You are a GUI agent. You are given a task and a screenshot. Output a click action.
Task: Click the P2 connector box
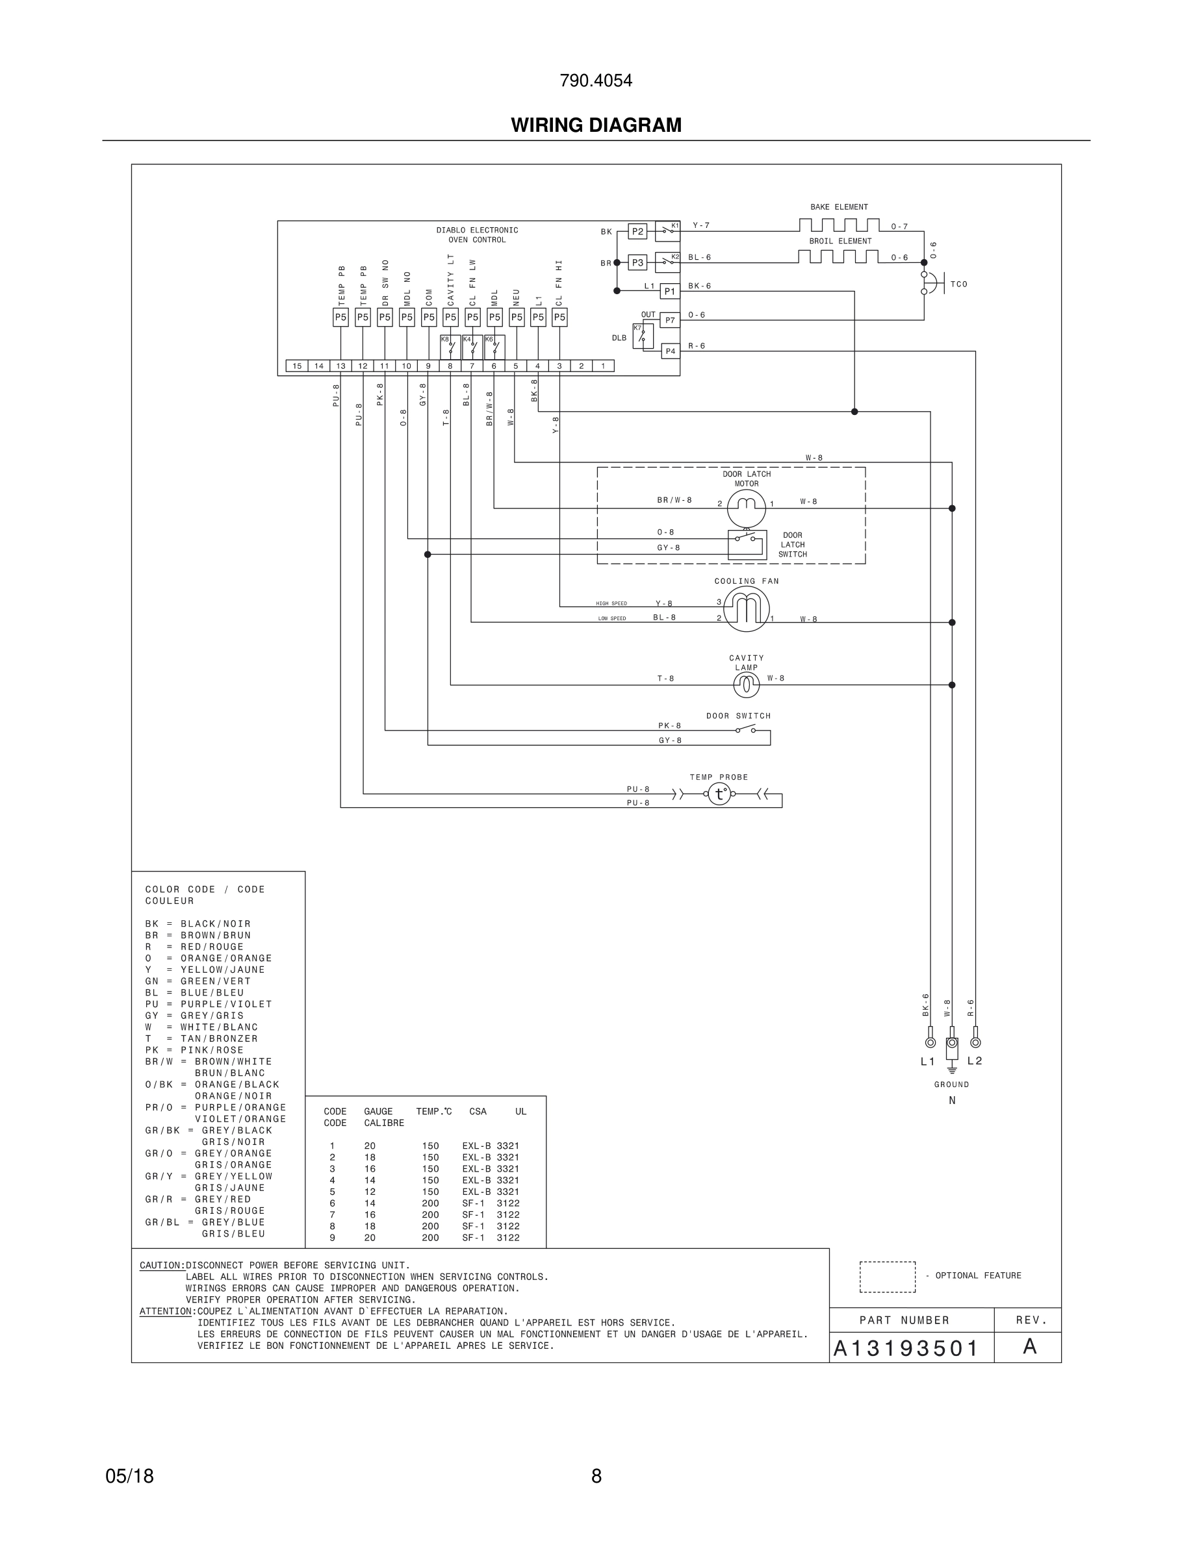(637, 232)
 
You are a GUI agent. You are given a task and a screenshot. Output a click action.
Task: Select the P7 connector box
(670, 321)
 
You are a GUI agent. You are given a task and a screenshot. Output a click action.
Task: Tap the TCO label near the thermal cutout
(958, 284)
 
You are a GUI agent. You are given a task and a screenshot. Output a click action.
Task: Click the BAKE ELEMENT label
(839, 207)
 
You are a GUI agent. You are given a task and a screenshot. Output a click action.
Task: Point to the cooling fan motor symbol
(747, 608)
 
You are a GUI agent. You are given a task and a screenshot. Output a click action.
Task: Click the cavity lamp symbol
(747, 684)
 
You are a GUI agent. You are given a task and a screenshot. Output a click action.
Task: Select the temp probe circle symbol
(719, 794)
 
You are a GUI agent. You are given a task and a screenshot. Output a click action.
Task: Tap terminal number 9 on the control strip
(428, 366)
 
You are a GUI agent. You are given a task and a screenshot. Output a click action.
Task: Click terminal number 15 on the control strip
(297, 366)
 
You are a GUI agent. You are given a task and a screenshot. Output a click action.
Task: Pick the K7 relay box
(643, 336)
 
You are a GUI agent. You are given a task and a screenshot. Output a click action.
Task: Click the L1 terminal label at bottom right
(927, 1061)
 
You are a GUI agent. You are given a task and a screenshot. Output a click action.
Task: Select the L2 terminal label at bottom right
(975, 1060)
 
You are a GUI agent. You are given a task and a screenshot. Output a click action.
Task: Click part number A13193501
(905, 1349)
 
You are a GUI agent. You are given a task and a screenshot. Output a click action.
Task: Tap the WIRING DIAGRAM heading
(596, 125)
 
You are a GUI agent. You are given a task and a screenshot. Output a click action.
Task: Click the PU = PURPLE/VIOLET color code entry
(209, 1004)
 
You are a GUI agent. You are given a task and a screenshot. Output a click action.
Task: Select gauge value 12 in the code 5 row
(370, 1191)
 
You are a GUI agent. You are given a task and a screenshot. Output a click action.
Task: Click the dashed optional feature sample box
(887, 1277)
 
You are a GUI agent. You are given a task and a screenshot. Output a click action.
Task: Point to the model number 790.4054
(596, 81)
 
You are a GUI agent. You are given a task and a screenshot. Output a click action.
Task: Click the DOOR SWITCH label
(738, 716)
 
